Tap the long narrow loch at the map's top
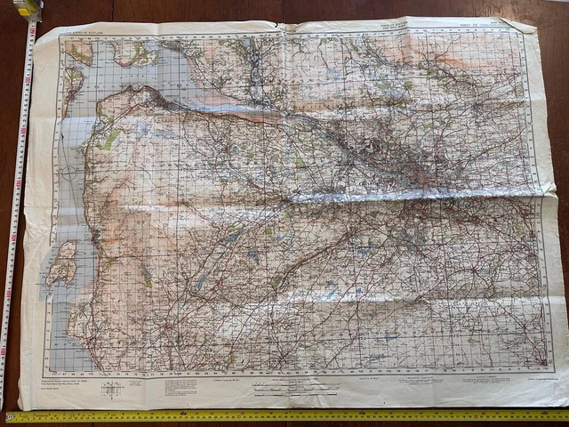252,71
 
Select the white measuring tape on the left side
16,222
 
